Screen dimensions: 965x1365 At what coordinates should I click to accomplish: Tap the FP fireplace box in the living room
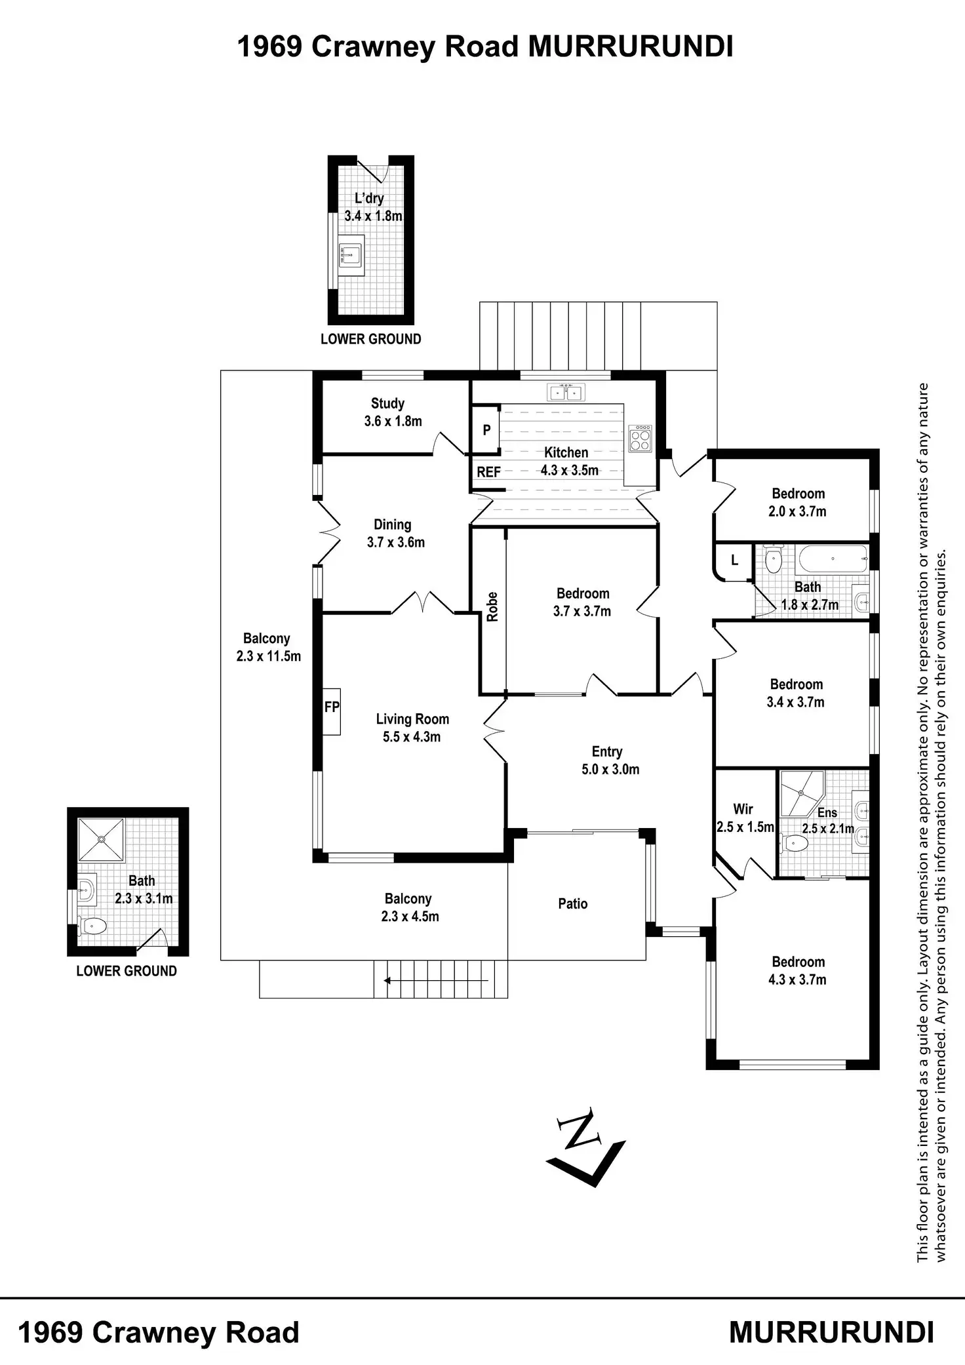coord(332,711)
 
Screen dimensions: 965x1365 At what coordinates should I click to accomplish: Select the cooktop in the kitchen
coord(640,438)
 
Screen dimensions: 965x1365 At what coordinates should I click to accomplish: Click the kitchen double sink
coord(566,393)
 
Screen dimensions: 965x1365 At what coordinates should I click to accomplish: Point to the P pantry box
coord(486,430)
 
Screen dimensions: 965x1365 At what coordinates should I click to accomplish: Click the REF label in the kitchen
coord(488,472)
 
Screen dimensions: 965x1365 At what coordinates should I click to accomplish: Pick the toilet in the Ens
coord(794,844)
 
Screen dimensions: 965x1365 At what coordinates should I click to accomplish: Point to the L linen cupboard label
coord(734,561)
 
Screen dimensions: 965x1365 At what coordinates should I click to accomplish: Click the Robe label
coord(492,606)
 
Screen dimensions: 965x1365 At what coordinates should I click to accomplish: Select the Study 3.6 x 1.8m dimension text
coord(393,422)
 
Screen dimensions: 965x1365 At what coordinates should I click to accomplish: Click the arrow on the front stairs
coord(436,981)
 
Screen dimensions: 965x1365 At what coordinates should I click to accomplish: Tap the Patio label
coord(572,903)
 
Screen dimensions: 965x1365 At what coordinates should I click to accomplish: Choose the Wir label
coord(743,809)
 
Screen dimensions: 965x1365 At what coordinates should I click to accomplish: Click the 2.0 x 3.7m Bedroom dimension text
coord(797,511)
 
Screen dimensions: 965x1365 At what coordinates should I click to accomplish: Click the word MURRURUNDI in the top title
coord(631,47)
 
